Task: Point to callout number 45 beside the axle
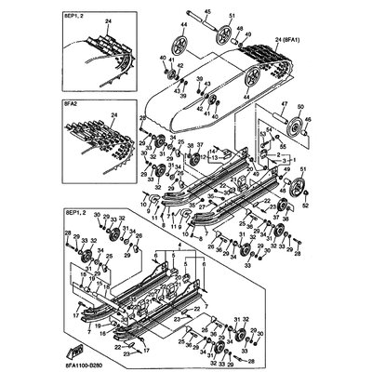coord(207,11)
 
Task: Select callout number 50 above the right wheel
coord(302,106)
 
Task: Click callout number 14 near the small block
coord(211,150)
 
